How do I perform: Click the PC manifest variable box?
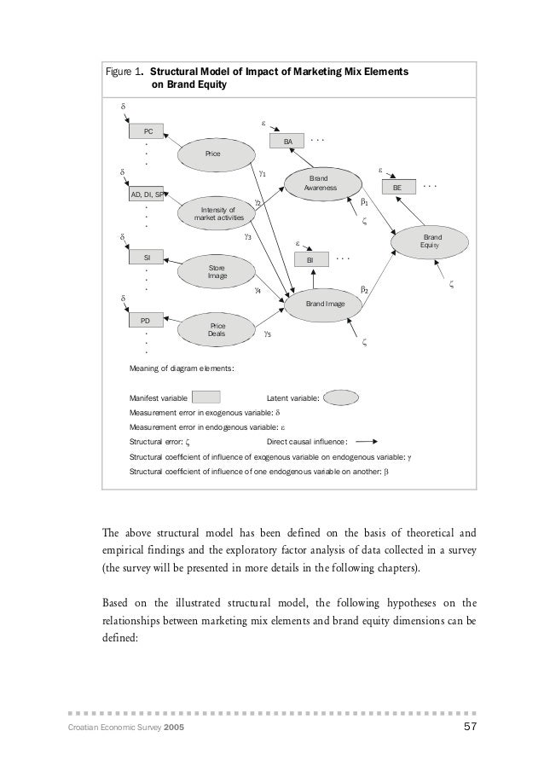pos(148,131)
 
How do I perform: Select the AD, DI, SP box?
pos(147,194)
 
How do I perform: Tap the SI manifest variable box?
pos(147,256)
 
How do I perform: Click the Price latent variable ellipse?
pos(213,154)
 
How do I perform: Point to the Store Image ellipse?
pos(217,271)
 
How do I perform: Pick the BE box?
pos(396,187)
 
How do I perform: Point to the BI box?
pos(312,258)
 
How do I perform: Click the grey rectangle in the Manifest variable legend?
pos(206,397)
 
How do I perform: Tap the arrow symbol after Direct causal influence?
pos(367,441)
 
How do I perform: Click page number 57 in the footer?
pos(467,726)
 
